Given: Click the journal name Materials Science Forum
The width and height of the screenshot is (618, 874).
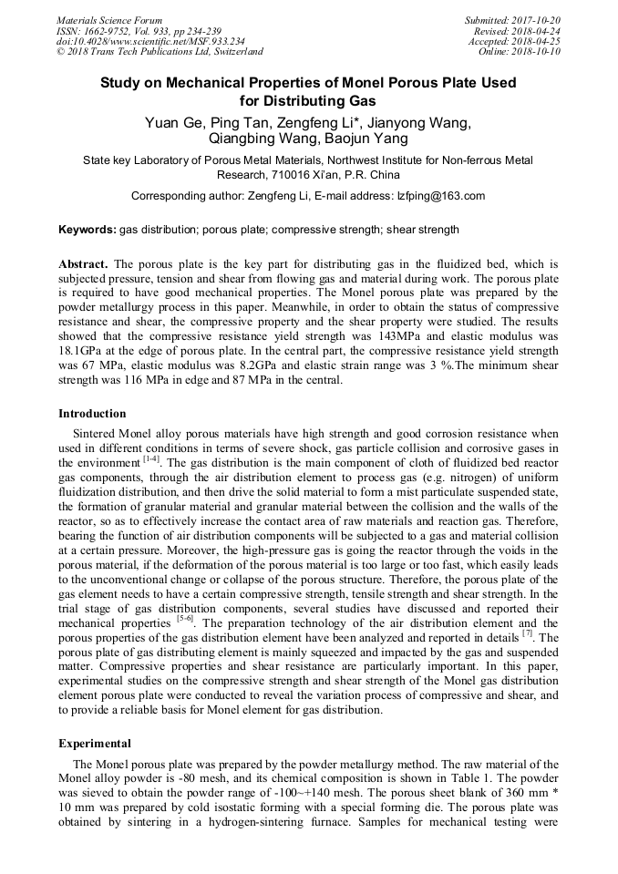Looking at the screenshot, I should (x=109, y=20).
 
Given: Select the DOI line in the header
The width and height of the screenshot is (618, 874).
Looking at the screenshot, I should (x=150, y=41).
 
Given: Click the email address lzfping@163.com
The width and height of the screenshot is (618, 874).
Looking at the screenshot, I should (x=440, y=196).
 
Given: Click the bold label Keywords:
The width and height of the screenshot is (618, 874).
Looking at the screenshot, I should (x=88, y=230).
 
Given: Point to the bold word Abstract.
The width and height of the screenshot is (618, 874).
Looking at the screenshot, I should (x=84, y=264).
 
